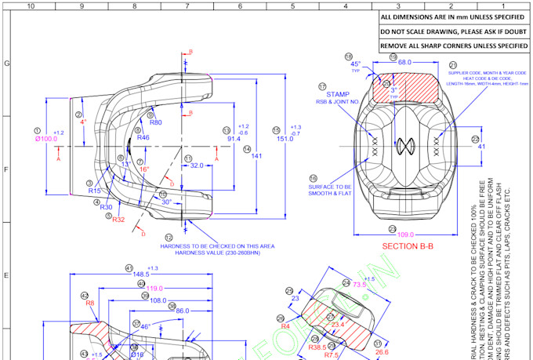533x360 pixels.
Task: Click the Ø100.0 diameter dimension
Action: click(46, 140)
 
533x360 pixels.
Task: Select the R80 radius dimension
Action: click(155, 122)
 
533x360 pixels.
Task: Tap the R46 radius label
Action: click(143, 138)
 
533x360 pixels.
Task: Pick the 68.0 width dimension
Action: click(405, 61)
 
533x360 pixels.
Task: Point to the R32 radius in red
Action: click(119, 220)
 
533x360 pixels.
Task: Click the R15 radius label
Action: click(94, 191)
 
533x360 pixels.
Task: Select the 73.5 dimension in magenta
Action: click(360, 284)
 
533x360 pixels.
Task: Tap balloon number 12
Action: click(169, 237)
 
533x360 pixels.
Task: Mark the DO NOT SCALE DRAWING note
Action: click(453, 31)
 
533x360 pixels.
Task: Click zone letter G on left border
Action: click(7, 64)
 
